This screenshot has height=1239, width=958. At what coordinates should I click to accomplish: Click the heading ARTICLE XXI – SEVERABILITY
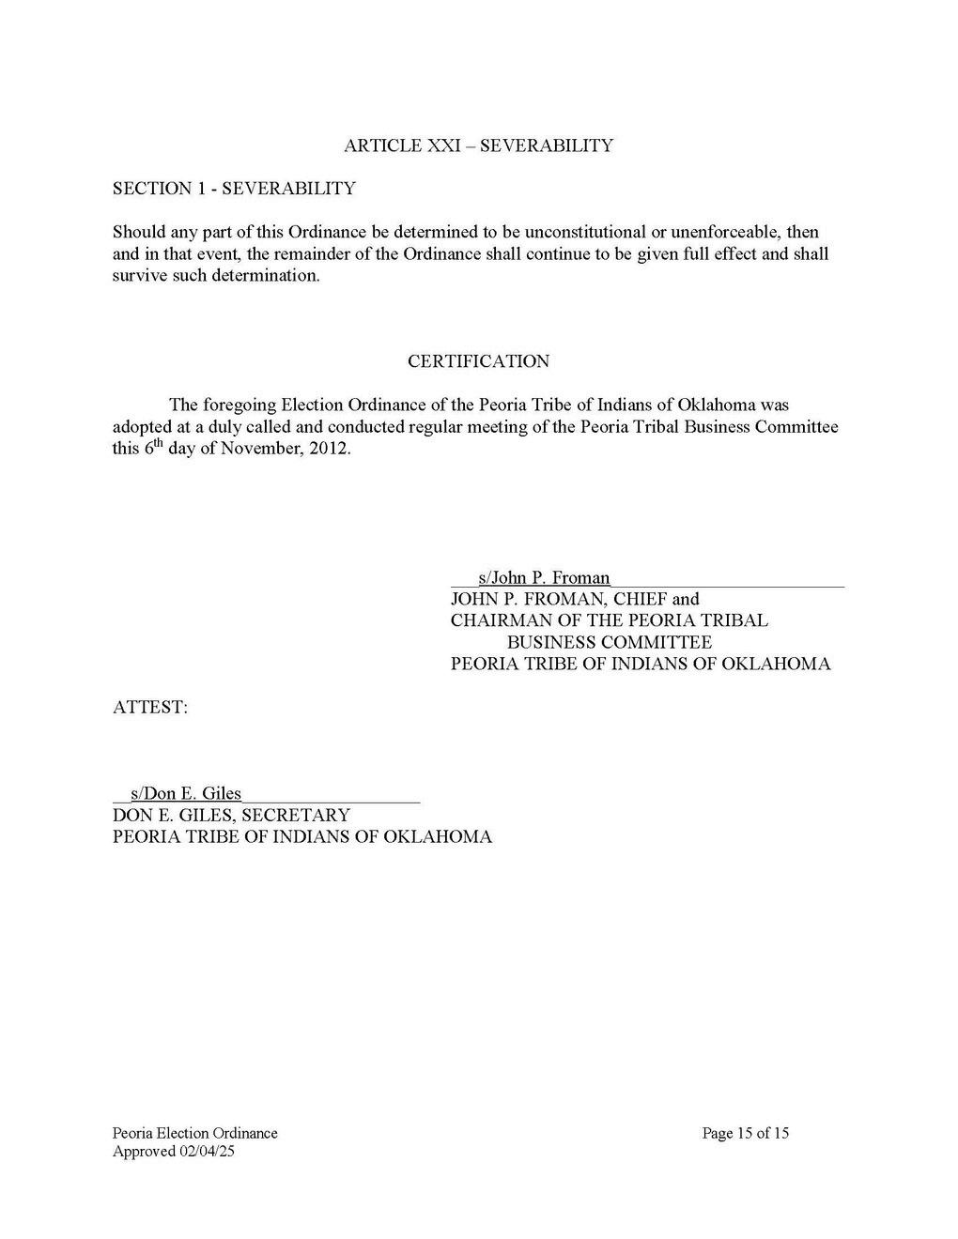[478, 145]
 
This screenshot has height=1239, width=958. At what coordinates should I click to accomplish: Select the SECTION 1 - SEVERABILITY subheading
[234, 189]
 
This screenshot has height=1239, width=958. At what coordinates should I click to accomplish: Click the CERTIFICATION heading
[478, 361]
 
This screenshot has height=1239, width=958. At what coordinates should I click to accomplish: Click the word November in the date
[267, 449]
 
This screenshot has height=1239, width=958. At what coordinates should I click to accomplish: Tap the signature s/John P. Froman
[544, 578]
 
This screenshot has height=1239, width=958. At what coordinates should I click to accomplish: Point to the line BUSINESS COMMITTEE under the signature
[609, 642]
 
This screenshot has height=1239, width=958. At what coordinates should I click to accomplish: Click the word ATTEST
[150, 708]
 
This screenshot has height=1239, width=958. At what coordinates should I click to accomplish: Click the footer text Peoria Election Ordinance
[194, 1133]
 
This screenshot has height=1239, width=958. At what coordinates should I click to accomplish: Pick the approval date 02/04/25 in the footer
[205, 1152]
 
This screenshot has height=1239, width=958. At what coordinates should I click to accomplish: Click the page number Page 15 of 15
[745, 1133]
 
